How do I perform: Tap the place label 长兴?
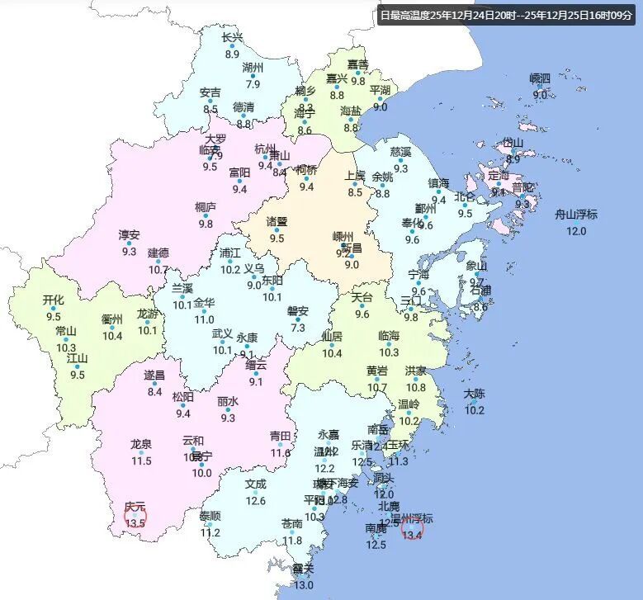[233, 37]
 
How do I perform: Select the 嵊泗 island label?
[540, 78]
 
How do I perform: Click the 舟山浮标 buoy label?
[575, 214]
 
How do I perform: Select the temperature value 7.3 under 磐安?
[298, 327]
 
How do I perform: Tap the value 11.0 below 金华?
[204, 319]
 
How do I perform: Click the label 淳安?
[129, 235]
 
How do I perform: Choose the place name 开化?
[54, 300]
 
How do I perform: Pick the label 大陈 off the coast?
[474, 394]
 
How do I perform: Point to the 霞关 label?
[303, 569]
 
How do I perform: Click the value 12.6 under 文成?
[256, 500]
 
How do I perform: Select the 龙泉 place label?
[141, 444]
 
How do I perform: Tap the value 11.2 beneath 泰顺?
[210, 532]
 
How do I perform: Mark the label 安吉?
[210, 92]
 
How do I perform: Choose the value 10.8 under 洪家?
[416, 387]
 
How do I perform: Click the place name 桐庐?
[206, 206]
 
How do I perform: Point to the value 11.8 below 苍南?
[292, 541]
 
